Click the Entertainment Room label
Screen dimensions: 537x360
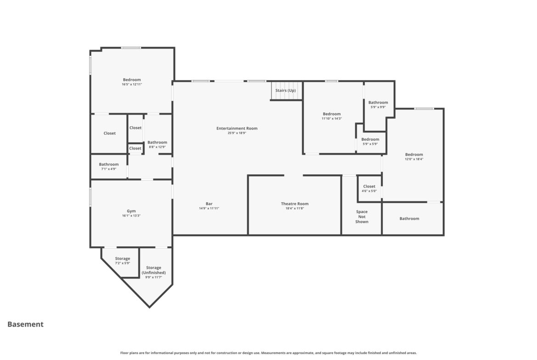[237, 128]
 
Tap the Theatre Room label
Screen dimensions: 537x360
[295, 204]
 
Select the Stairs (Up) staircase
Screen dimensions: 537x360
[287, 91]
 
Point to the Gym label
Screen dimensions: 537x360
[131, 211]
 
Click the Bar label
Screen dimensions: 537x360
[209, 204]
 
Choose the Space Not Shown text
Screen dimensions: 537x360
[362, 216]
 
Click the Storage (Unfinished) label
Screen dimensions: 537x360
[154, 270]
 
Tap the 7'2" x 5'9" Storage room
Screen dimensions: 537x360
[122, 261]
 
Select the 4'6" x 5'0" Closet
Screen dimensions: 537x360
[369, 188]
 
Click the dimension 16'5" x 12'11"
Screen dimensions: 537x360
[132, 84]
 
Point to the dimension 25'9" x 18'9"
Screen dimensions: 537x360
[237, 133]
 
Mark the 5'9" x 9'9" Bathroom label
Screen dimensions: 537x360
[378, 102]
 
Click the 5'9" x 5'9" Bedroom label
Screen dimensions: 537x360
[370, 139]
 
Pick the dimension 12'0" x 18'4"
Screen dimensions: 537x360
[414, 159]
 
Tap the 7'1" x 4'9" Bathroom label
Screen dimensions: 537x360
[109, 164]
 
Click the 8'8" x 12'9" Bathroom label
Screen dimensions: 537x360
[157, 142]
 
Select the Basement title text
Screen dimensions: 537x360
[25, 324]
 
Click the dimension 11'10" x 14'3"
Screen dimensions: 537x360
[332, 119]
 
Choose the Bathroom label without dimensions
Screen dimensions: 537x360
[409, 219]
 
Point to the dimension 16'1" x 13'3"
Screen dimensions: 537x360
[131, 216]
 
